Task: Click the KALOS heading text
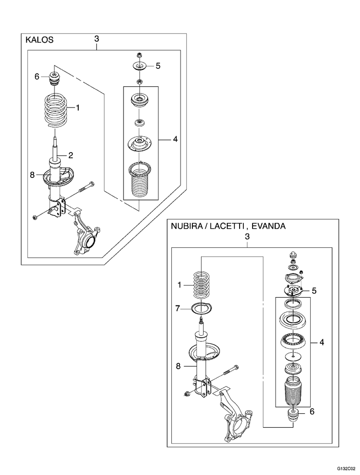[x=39, y=40]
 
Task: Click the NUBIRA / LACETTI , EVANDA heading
[x=228, y=226]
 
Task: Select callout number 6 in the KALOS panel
[x=37, y=77]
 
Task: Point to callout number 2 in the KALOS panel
[x=71, y=155]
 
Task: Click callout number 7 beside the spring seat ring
[x=177, y=308]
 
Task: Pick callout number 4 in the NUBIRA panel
[x=321, y=341]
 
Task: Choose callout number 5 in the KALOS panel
[x=158, y=66]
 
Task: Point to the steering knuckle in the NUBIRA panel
[x=237, y=419]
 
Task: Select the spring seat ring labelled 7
[x=201, y=309]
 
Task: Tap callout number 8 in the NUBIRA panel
[x=178, y=367]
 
